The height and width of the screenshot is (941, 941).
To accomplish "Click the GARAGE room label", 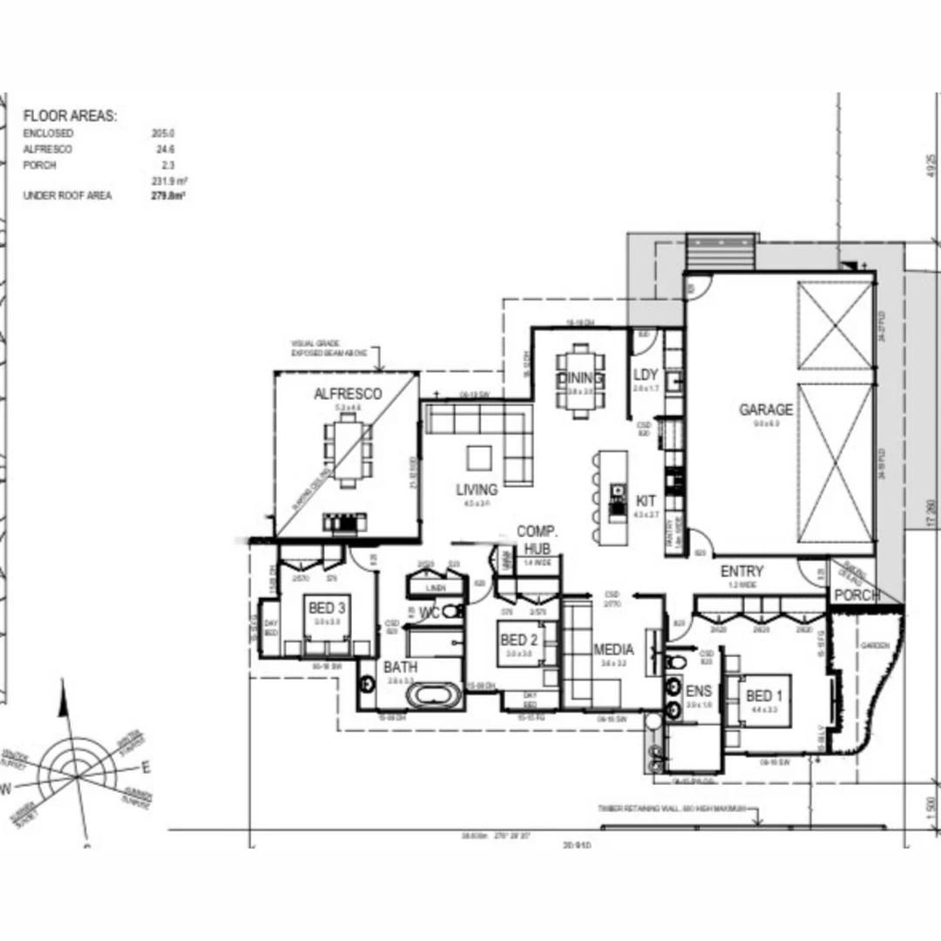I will pos(766,410).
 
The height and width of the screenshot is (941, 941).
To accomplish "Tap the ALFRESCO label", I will pos(348,395).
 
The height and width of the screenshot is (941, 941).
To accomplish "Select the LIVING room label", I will pos(477,490).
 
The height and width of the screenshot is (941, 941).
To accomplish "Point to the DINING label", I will pos(580,378).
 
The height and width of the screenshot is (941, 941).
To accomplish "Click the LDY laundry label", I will pos(646,376).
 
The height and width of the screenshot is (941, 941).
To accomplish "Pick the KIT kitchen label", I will pos(646,502).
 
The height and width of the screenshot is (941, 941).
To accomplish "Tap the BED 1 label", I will pos(764,696).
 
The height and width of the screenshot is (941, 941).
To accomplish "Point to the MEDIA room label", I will pos(614,650).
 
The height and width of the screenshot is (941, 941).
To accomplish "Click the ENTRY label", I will pos(741,572).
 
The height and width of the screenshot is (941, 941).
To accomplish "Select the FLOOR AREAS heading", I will pos(70,115).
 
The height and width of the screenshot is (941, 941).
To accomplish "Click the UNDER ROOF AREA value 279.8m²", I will pos(167,197).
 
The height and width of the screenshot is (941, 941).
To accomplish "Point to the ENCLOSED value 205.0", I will pos(163,133).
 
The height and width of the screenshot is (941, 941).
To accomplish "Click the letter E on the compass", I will pos(146,768).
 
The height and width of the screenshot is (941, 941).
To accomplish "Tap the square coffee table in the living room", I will pos(478,458).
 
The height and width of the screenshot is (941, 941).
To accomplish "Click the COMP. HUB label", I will pos(538,539).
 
